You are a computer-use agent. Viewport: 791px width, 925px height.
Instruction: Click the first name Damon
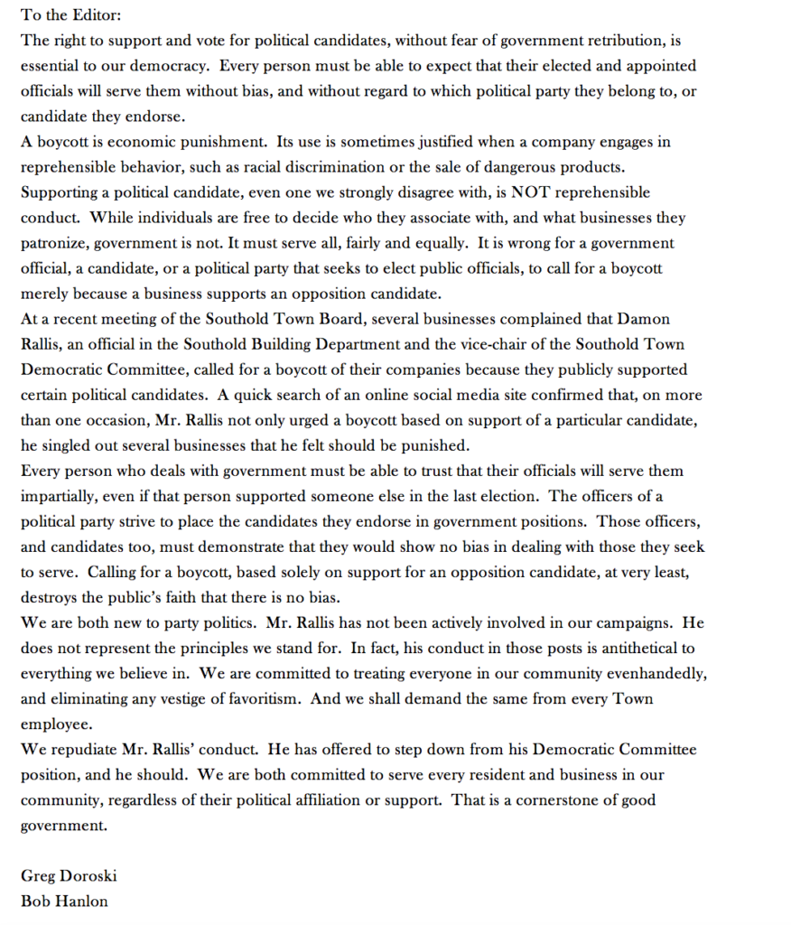tap(643, 319)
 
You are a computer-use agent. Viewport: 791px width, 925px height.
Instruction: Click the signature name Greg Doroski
tap(69, 875)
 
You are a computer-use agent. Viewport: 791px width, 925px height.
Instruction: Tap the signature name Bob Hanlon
tap(64, 901)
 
